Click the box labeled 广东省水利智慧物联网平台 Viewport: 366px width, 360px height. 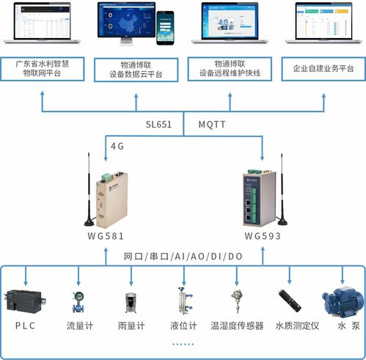pos(43,69)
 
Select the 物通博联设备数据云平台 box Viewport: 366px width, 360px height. pos(136,69)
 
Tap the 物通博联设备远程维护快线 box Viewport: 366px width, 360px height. pos(230,69)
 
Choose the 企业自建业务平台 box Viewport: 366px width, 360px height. pos(323,69)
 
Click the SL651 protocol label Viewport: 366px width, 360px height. pos(158,125)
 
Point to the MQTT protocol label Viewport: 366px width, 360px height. pos(213,125)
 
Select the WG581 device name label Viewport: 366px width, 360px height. pos(106,236)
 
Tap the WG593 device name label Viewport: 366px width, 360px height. pos(263,236)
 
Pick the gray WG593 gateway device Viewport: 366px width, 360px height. pos(263,196)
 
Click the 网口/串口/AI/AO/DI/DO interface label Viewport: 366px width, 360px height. pos(183,256)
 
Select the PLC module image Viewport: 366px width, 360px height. pos(25,301)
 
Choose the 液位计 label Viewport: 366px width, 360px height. pos(183,326)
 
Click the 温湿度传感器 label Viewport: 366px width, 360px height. pos(237,326)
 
